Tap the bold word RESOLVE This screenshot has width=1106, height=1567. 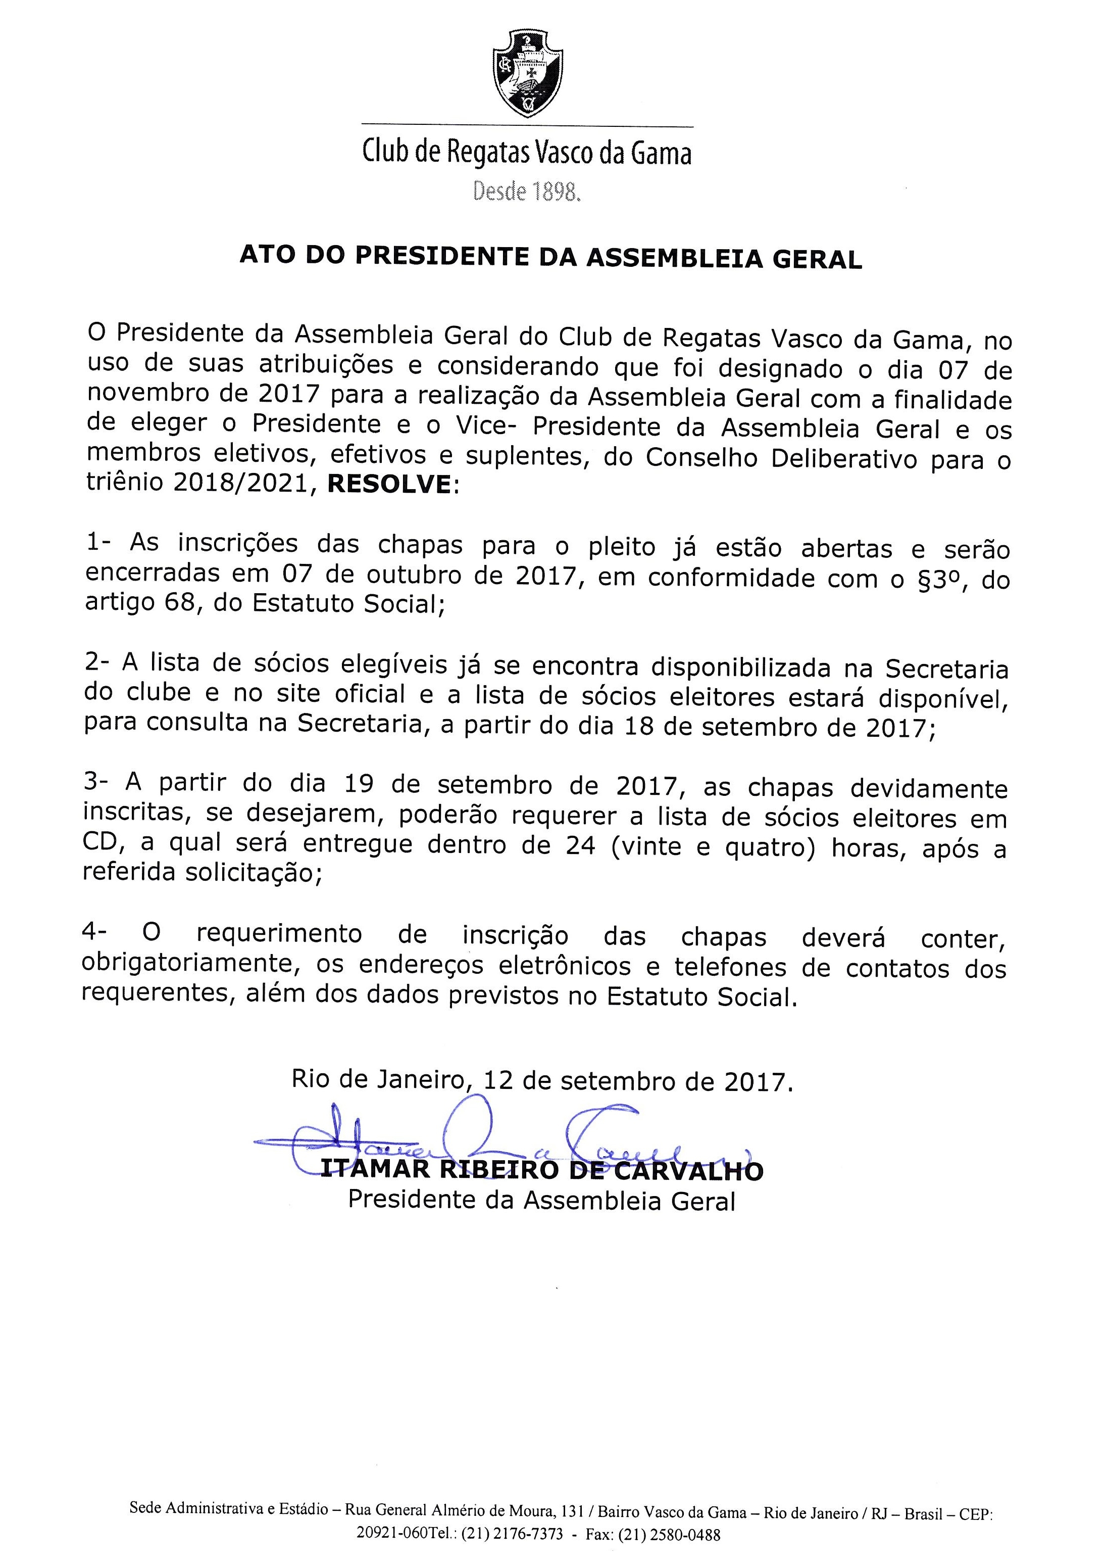389,485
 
